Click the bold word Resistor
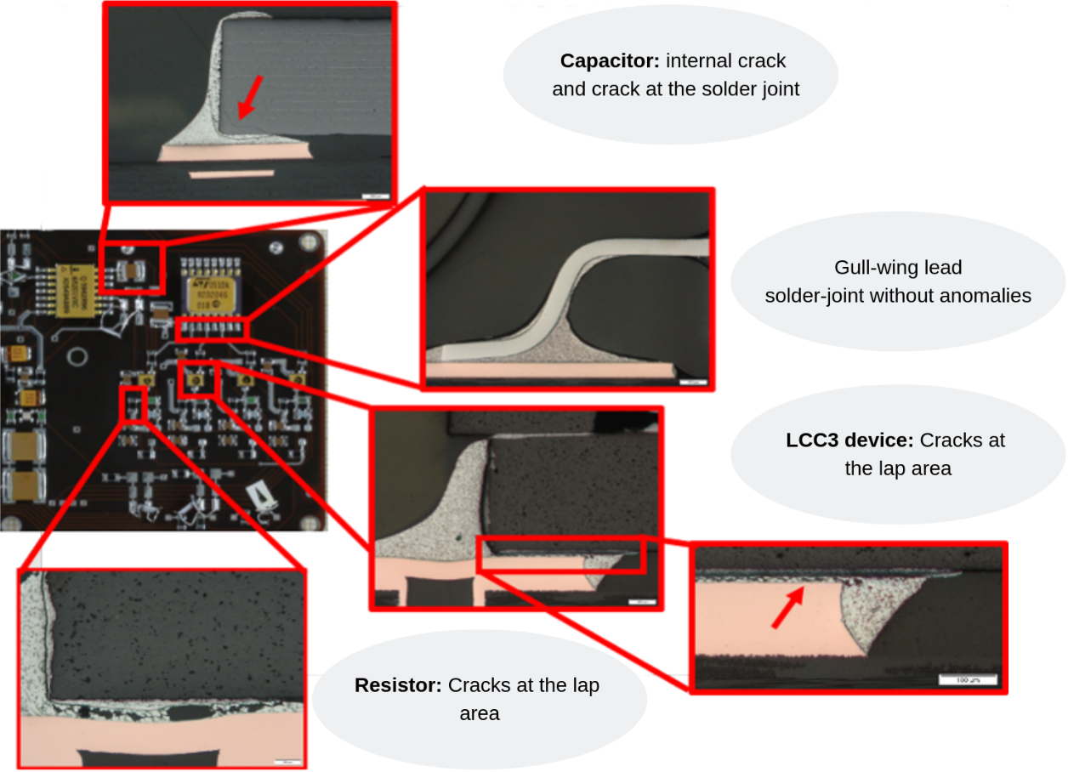click(x=397, y=685)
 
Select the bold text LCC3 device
click(x=849, y=440)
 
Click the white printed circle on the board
click(x=77, y=355)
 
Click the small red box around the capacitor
click(x=129, y=270)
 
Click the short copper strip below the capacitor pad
click(x=231, y=173)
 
